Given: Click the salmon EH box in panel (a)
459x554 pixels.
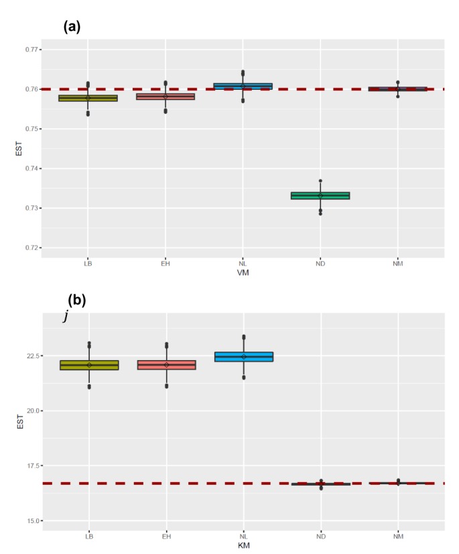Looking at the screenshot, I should pyautogui.click(x=166, y=97).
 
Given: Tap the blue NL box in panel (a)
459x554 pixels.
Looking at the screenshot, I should pyautogui.click(x=243, y=86).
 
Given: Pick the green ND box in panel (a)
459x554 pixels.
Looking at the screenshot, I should pyautogui.click(x=320, y=196).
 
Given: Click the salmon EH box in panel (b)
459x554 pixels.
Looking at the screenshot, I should pyautogui.click(x=166, y=365).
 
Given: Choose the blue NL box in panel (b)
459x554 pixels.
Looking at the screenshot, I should pyautogui.click(x=243, y=357).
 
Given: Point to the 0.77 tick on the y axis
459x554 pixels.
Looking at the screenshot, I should pyautogui.click(x=30, y=50).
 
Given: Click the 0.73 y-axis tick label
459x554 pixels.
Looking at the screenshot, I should pyautogui.click(x=30, y=208).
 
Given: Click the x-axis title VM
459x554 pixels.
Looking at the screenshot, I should pyautogui.click(x=243, y=273).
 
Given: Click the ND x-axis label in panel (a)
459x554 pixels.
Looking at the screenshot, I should pyautogui.click(x=320, y=264).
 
